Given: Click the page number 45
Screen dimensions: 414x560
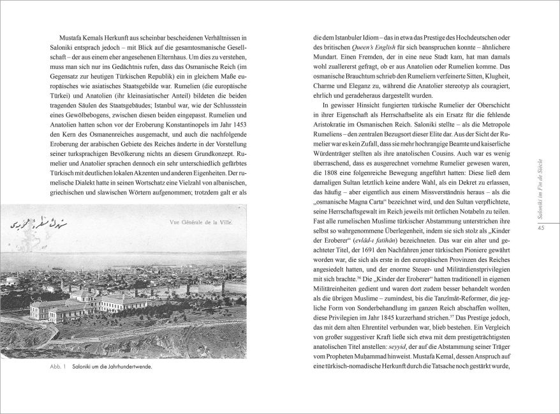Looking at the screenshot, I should coord(541,229).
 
